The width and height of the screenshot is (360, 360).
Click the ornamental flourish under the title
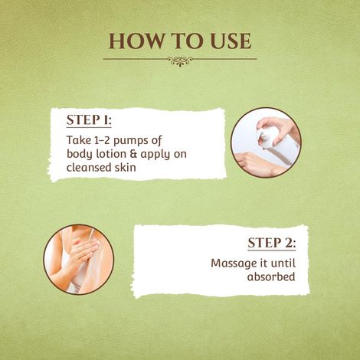tap(180, 61)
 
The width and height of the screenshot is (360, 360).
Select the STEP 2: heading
tap(271, 244)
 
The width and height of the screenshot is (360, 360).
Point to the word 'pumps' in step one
tap(141, 140)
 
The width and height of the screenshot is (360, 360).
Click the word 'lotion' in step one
tap(110, 154)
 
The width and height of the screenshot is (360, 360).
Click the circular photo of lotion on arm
tap(78, 259)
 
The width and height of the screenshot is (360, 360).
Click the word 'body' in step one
tap(80, 154)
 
